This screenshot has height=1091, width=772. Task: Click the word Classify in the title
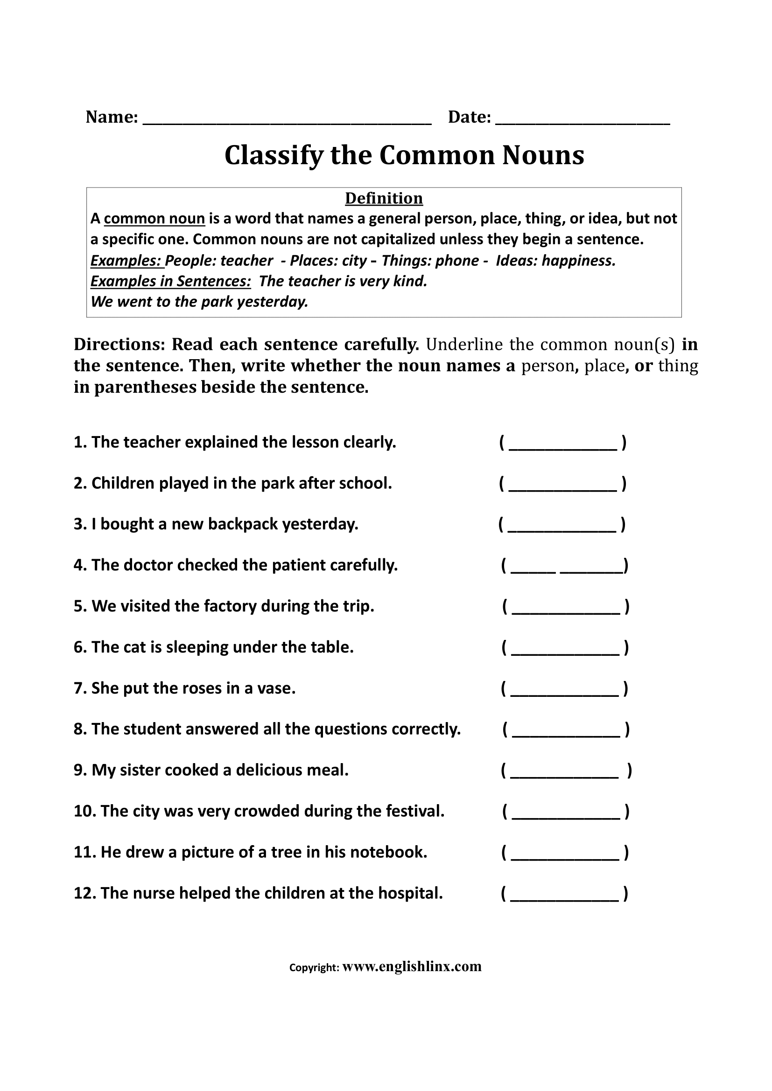coord(273,156)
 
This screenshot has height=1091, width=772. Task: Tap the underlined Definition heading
coord(384,198)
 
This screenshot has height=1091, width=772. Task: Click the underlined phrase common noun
coord(154,219)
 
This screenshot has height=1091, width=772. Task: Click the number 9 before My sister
coord(79,770)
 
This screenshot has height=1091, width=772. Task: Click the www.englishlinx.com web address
coord(412,967)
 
